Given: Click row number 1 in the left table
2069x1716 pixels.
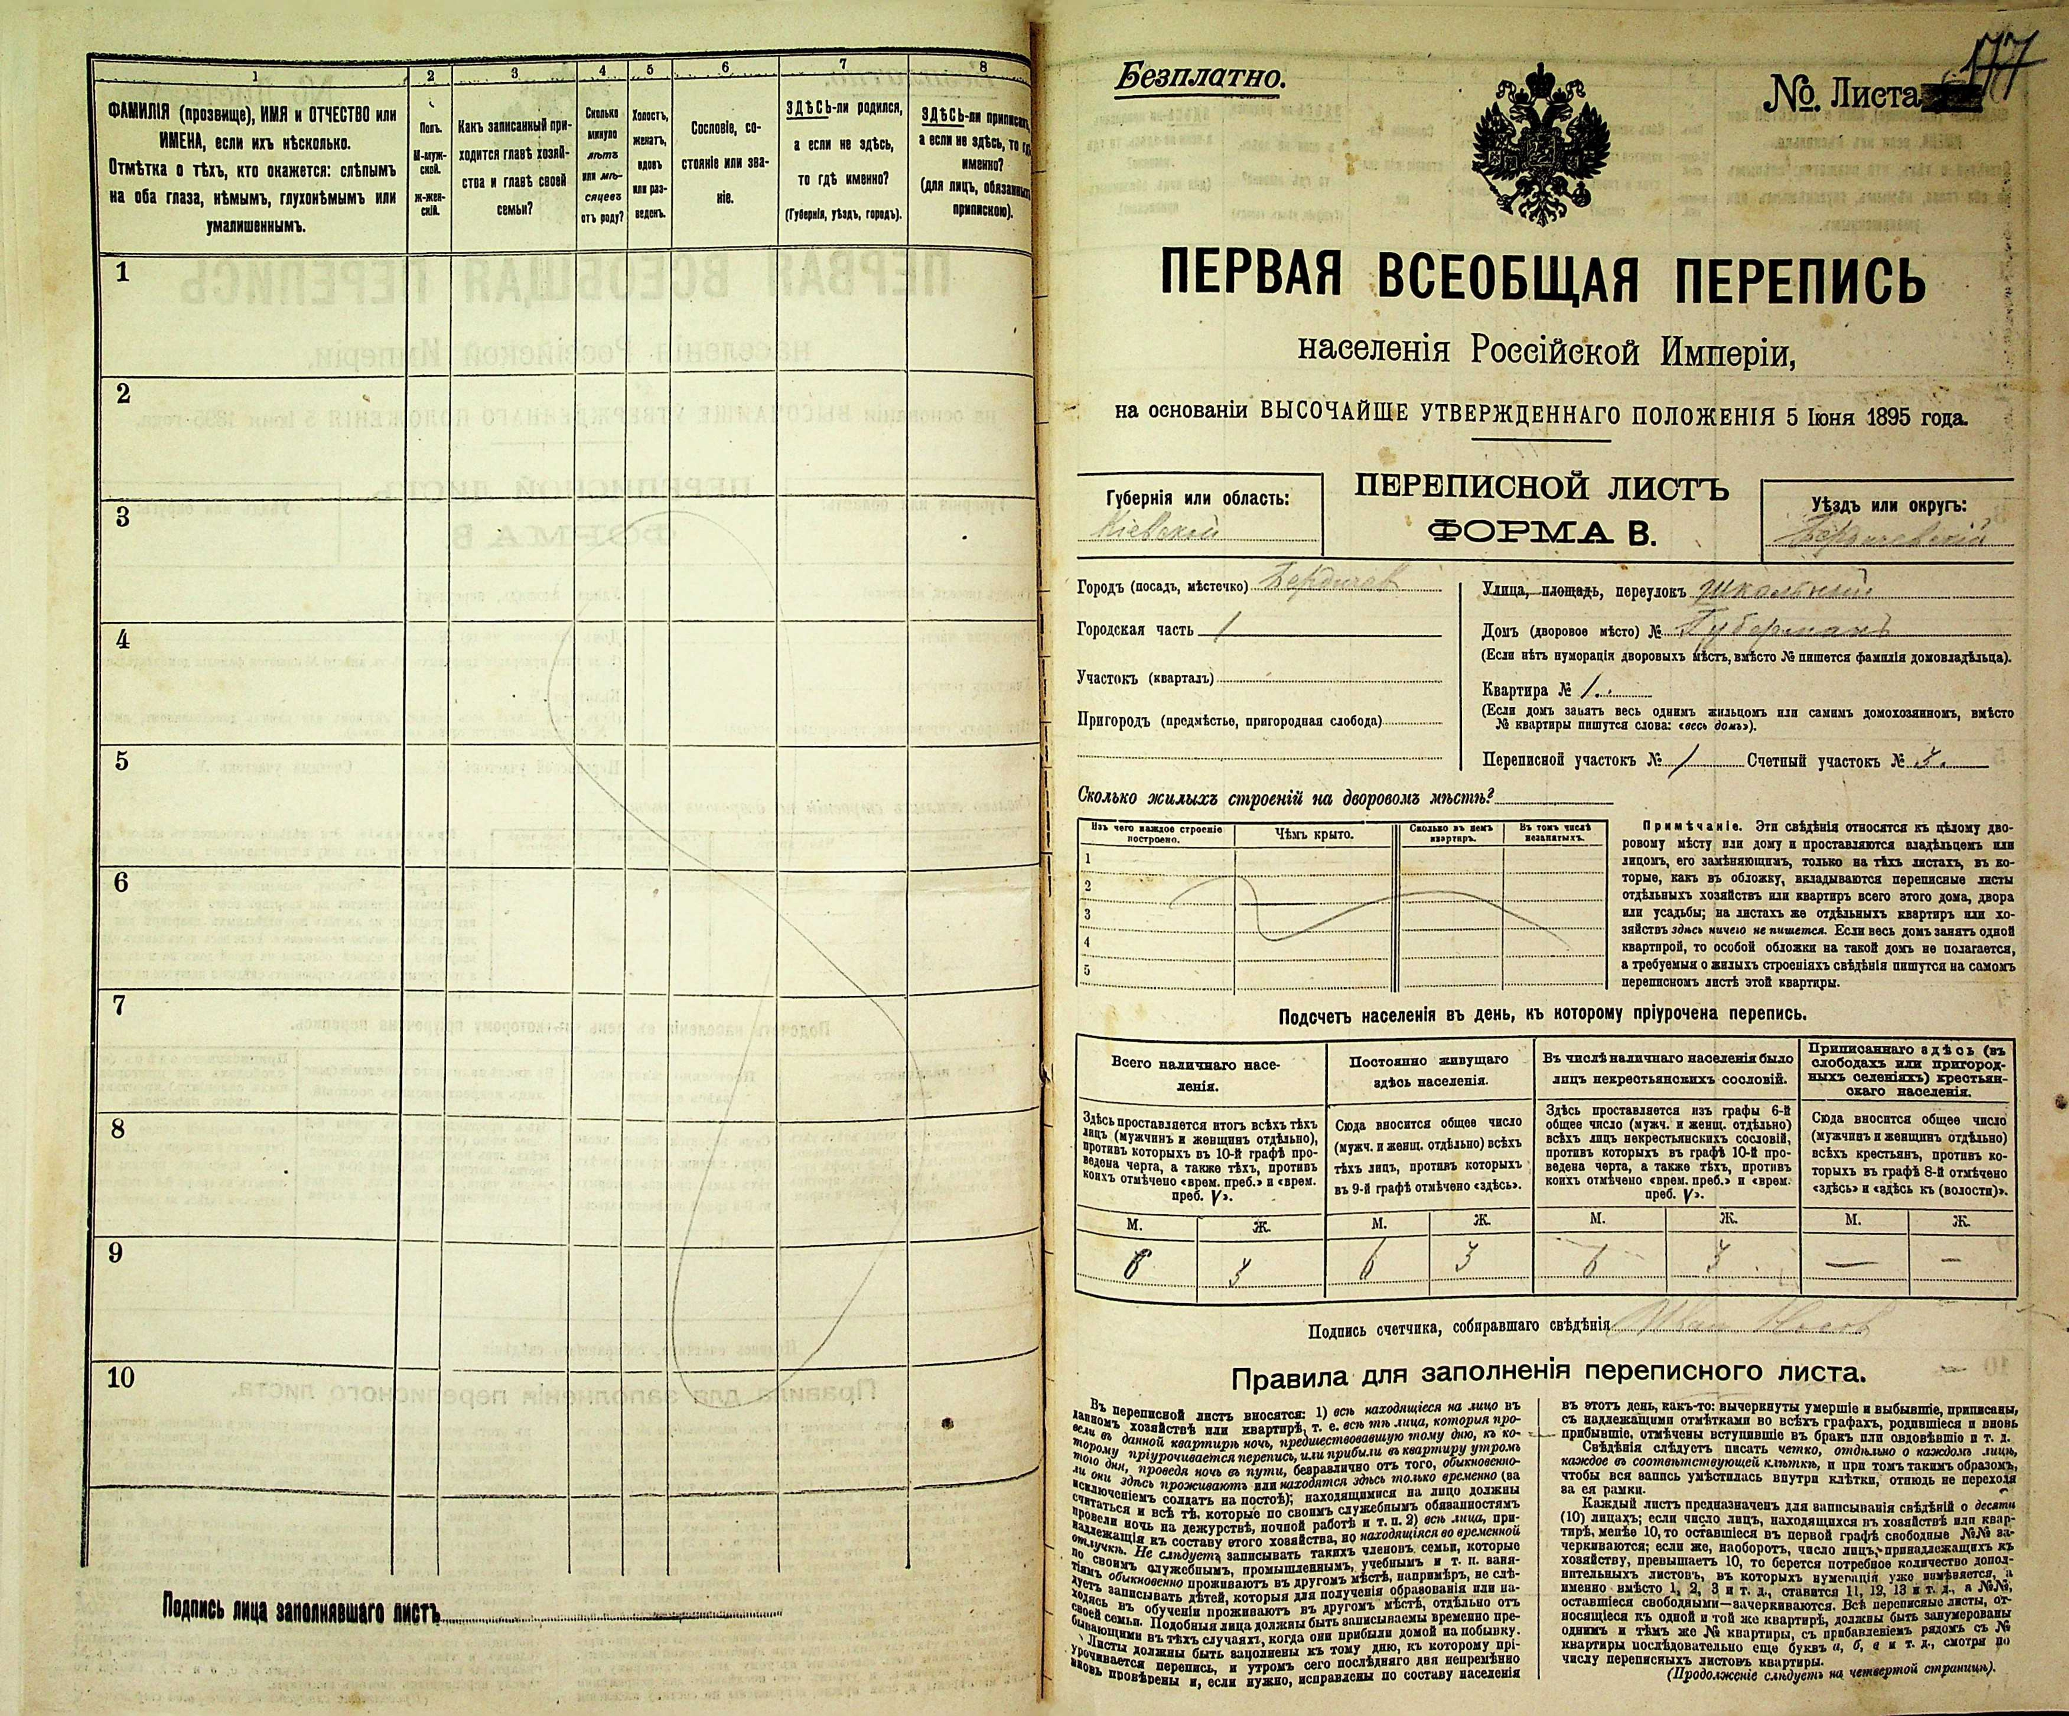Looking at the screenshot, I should coord(122,274).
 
